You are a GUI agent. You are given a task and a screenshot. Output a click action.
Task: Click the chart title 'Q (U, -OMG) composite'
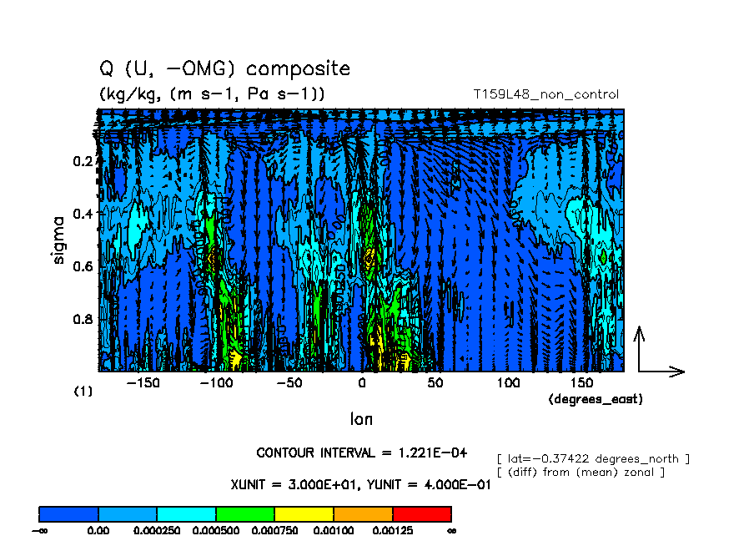[x=224, y=68]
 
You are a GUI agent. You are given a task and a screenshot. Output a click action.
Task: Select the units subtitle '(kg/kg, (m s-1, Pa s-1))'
[x=212, y=94]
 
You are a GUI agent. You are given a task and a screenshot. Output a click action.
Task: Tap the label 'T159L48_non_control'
[x=545, y=94]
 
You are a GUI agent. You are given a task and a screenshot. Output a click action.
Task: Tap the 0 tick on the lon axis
[x=362, y=383]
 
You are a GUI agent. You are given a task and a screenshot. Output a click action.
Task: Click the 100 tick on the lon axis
[x=508, y=383]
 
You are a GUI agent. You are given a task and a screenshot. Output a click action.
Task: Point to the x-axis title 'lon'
[x=361, y=418]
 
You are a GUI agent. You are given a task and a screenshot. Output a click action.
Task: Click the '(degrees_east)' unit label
[x=596, y=400]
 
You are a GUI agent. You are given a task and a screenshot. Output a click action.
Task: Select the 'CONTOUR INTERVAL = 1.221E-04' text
[x=361, y=453]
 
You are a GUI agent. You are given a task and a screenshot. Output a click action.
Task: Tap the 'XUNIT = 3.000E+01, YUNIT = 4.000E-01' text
[x=360, y=484]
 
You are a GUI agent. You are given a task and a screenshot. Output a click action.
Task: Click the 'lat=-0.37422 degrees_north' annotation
[x=592, y=458]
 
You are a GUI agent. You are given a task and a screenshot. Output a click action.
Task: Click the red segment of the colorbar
[x=421, y=513]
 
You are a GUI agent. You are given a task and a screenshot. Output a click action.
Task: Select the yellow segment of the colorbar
[x=304, y=513]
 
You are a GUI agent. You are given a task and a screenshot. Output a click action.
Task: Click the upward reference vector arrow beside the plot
[x=640, y=346]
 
